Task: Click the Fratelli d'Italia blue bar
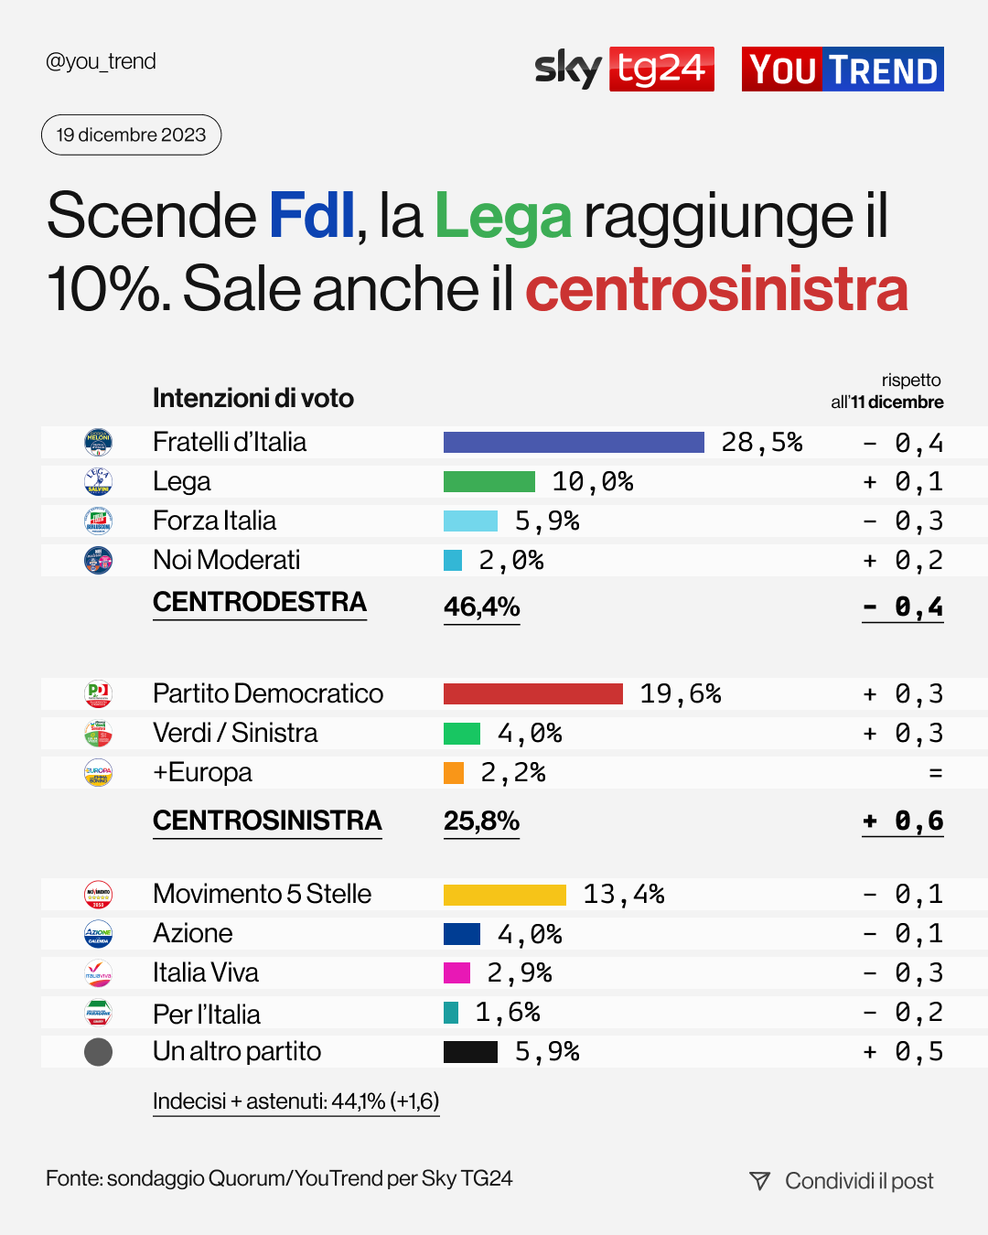pyautogui.click(x=574, y=443)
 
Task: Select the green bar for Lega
pyautogui.click(x=489, y=482)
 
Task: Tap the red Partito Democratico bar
pyautogui.click(x=532, y=693)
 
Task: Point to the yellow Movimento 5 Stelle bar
pyautogui.click(x=504, y=895)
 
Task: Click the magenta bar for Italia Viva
pyautogui.click(x=456, y=972)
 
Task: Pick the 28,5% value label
pyautogui.click(x=761, y=443)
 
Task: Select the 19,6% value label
pyautogui.click(x=681, y=693)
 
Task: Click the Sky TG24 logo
pyautogui.click(x=624, y=69)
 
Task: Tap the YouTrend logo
pyautogui.click(x=843, y=70)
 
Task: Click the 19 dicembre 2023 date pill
pyautogui.click(x=132, y=135)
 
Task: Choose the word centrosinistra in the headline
pyautogui.click(x=716, y=289)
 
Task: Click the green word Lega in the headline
pyautogui.click(x=502, y=217)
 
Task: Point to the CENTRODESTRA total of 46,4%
pyautogui.click(x=481, y=607)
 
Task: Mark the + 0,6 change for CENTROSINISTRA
pyautogui.click(x=902, y=821)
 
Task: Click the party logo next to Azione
pyautogui.click(x=98, y=934)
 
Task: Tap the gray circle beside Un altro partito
pyautogui.click(x=98, y=1052)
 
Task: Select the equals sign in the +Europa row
pyautogui.click(x=935, y=773)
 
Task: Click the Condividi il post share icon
pyautogui.click(x=759, y=1181)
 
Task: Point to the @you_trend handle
pyautogui.click(x=101, y=61)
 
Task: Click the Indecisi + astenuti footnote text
pyautogui.click(x=295, y=1101)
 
